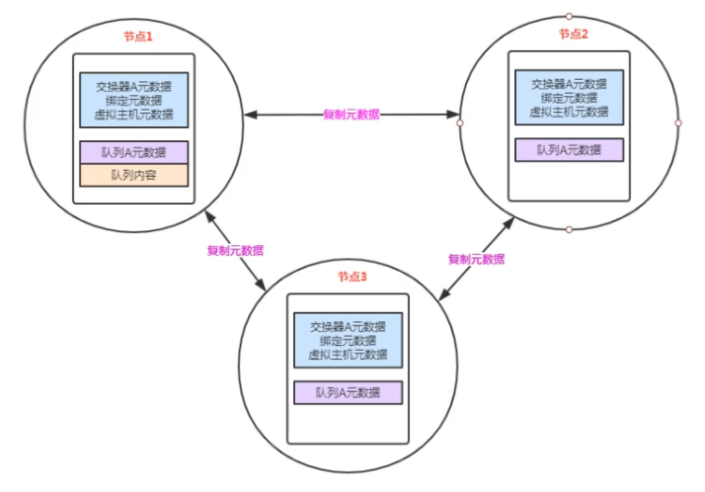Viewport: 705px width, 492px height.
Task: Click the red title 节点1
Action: click(138, 37)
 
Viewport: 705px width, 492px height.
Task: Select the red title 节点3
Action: click(351, 278)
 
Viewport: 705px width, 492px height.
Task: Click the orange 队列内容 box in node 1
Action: click(134, 175)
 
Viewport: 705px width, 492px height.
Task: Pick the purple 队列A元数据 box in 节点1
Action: click(134, 151)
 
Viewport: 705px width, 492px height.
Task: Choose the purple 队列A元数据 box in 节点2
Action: click(569, 149)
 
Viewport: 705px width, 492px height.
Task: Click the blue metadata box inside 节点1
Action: click(134, 100)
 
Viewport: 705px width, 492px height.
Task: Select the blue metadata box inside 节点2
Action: click(569, 98)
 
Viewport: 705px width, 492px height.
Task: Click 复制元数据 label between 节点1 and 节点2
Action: click(352, 115)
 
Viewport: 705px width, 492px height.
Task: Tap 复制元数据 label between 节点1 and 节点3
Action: click(235, 250)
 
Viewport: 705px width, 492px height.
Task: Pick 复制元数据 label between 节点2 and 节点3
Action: click(476, 259)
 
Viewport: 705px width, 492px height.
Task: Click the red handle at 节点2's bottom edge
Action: click(569, 229)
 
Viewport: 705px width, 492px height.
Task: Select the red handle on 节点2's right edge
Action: click(678, 123)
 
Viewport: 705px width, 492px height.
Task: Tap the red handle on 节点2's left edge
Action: click(459, 123)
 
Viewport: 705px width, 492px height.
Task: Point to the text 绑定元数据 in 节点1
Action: click(134, 100)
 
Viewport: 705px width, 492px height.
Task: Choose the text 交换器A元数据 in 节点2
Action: click(569, 84)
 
